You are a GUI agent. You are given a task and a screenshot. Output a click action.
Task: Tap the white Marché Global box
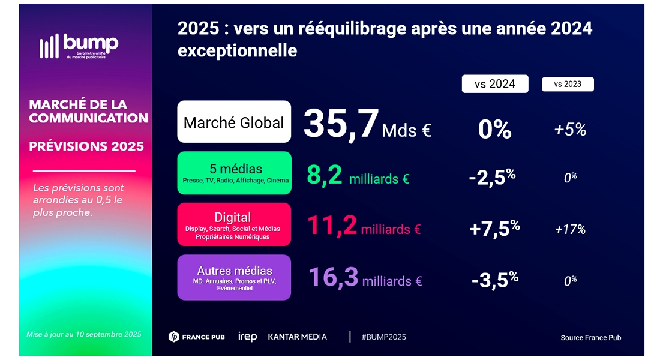pyautogui.click(x=234, y=122)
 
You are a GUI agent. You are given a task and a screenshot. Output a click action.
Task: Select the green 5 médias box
pyautogui.click(x=234, y=173)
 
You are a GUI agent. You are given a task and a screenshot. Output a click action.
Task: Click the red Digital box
pyautogui.click(x=234, y=224)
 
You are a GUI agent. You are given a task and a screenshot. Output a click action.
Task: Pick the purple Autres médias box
pyautogui.click(x=234, y=277)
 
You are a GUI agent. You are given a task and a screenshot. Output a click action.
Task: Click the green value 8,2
pyautogui.click(x=325, y=176)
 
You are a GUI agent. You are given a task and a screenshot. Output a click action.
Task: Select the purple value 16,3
pyautogui.click(x=334, y=278)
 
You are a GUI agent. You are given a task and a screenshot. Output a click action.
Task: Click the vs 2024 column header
pyautogui.click(x=495, y=84)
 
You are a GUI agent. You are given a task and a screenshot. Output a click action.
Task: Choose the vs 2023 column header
pyautogui.click(x=568, y=84)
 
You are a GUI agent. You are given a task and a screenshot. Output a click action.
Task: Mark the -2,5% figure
pyautogui.click(x=494, y=178)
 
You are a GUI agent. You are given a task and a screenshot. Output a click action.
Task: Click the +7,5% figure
pyautogui.click(x=494, y=229)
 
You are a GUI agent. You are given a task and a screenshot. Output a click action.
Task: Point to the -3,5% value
pyautogui.click(x=494, y=280)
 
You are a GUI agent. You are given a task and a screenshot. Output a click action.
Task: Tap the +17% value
pyautogui.click(x=570, y=229)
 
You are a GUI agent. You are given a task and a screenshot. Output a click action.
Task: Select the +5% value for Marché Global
pyautogui.click(x=570, y=130)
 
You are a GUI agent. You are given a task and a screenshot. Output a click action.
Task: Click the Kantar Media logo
pyautogui.click(x=297, y=337)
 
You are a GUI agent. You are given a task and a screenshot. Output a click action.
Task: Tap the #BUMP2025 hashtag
pyautogui.click(x=384, y=337)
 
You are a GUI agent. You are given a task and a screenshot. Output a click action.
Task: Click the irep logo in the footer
pyautogui.click(x=247, y=337)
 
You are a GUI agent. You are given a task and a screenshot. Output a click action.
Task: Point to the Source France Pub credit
pyautogui.click(x=590, y=338)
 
